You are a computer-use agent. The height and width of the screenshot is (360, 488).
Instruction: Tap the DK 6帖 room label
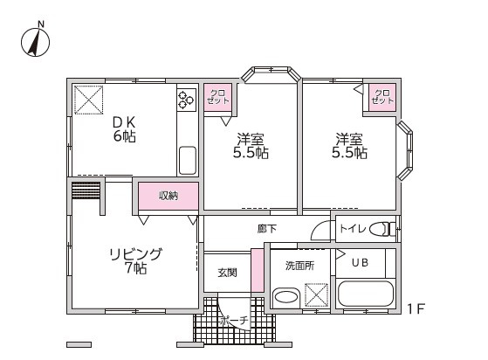(x=121, y=128)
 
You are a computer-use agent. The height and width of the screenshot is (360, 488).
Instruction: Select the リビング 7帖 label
(x=134, y=260)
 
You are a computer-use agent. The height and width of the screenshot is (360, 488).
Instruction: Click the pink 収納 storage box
(x=168, y=197)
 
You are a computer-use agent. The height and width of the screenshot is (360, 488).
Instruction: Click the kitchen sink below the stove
(x=188, y=160)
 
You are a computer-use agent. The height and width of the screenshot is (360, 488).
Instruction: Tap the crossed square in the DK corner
(x=88, y=100)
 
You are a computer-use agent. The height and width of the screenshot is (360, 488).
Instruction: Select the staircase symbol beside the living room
(x=85, y=190)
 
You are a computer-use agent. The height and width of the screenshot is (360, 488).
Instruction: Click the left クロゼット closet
(x=216, y=97)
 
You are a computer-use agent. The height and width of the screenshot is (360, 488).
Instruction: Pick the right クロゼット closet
(x=381, y=97)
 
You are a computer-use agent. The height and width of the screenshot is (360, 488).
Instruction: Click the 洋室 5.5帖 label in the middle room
(x=251, y=146)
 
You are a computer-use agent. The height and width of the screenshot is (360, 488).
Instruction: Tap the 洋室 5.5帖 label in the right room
(x=349, y=146)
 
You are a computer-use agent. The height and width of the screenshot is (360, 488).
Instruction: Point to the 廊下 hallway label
(x=267, y=229)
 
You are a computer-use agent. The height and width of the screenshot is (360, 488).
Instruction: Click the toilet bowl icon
(x=380, y=229)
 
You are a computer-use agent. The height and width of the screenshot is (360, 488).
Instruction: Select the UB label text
(x=360, y=262)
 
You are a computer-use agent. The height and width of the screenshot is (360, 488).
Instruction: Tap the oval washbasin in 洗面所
(x=285, y=298)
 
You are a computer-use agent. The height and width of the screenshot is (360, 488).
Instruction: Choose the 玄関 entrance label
(x=227, y=273)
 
